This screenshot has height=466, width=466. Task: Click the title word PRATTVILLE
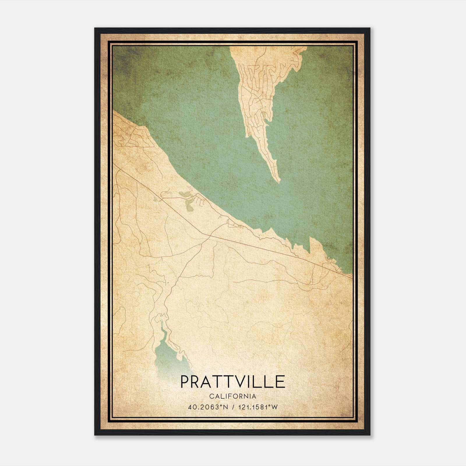(x=232, y=382)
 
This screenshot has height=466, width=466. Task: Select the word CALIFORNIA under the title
(x=232, y=396)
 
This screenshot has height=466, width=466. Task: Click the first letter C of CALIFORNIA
(x=211, y=396)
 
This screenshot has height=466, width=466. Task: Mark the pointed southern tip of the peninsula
(x=279, y=182)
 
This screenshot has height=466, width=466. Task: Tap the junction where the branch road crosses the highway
(x=209, y=238)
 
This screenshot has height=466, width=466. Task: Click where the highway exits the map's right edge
(x=352, y=278)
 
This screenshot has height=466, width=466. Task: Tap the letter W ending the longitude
(x=275, y=407)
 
